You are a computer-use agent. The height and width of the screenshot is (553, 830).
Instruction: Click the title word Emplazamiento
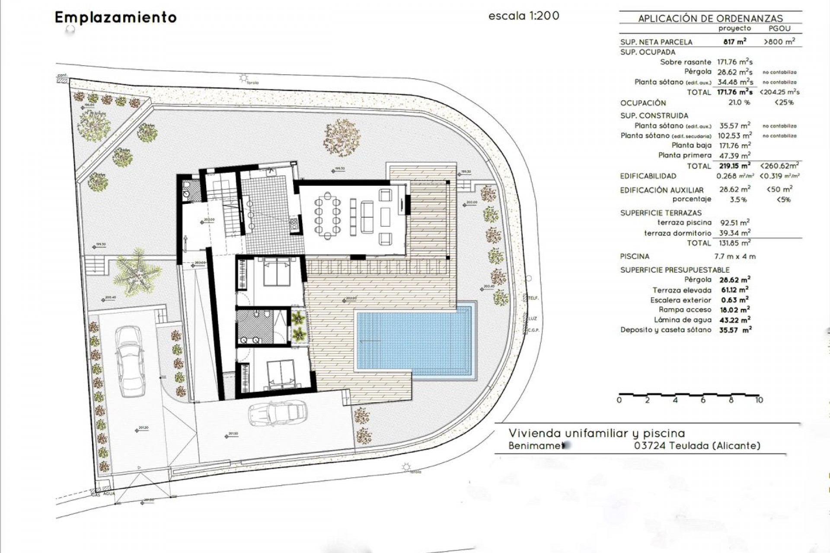115,17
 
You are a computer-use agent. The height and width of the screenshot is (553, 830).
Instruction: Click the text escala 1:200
524,16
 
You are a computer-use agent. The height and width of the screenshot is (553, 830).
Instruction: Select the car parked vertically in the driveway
129,361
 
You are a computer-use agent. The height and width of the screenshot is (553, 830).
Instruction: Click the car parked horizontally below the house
278,413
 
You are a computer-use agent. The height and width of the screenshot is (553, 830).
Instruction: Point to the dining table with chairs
327,216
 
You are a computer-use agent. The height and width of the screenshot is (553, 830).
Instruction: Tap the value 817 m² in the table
734,41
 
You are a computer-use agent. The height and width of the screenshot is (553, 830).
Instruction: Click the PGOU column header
779,29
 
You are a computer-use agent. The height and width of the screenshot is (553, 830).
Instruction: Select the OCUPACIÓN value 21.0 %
739,102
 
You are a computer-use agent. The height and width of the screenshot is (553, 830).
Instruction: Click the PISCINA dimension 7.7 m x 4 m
734,256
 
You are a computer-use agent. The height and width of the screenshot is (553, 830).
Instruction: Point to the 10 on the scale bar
759,400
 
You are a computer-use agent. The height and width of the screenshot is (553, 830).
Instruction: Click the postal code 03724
649,445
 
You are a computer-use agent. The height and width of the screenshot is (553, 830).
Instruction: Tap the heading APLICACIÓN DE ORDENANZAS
710,18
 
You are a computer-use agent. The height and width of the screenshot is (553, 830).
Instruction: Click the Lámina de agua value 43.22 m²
734,320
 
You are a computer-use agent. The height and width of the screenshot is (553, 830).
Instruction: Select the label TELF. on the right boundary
533,298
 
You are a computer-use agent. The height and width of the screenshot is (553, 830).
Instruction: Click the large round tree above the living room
342,137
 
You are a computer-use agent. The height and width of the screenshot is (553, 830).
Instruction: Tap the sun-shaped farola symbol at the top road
244,78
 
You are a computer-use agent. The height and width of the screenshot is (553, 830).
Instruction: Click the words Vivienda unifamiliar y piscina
597,433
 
